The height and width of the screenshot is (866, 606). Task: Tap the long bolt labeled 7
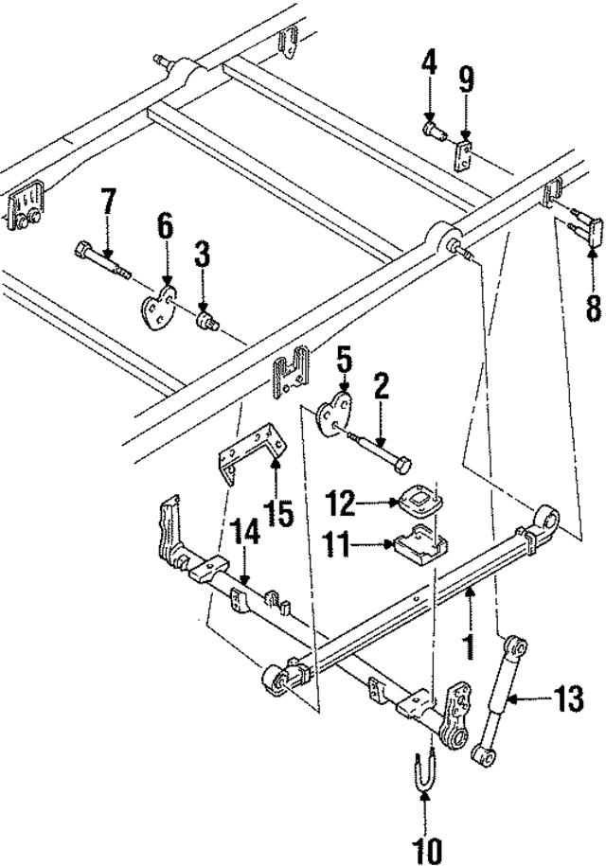tap(99, 261)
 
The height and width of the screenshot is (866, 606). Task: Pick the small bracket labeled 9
tap(465, 154)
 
